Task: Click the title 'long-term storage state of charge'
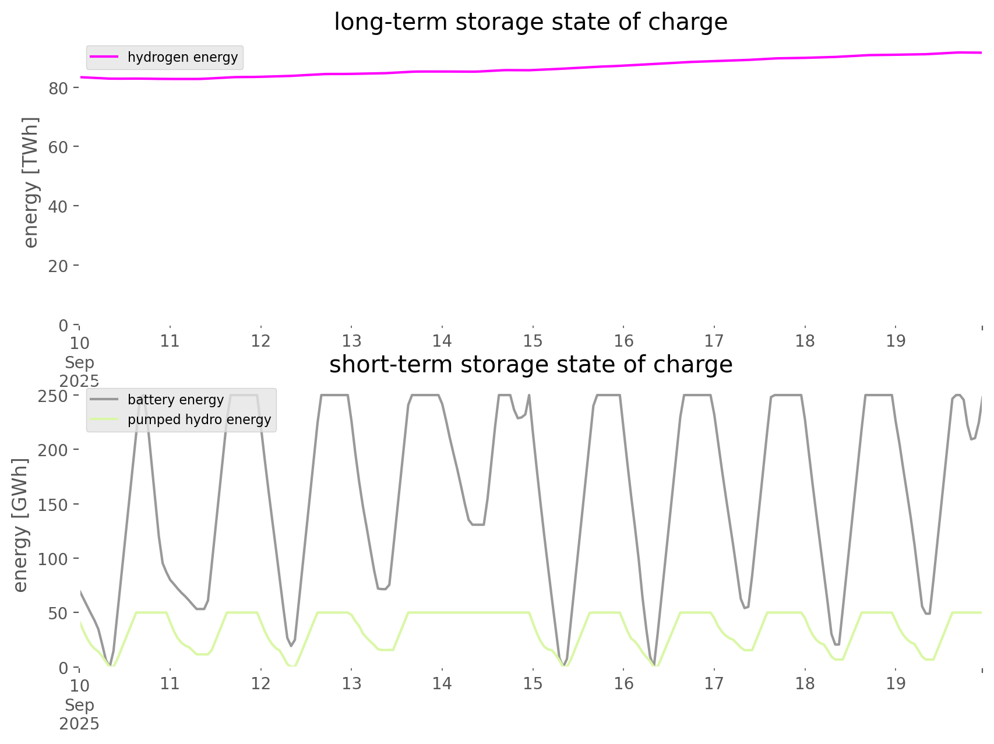click(530, 22)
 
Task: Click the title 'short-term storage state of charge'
click(530, 365)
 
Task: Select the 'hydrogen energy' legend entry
click(182, 57)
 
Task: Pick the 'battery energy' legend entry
click(175, 400)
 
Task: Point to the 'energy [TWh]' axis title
click(31, 182)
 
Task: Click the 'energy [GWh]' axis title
click(20, 525)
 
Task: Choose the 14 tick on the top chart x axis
click(442, 341)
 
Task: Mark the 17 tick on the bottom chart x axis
click(714, 683)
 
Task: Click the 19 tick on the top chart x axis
click(896, 341)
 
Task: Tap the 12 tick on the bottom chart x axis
click(261, 683)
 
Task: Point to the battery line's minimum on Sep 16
click(655, 664)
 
